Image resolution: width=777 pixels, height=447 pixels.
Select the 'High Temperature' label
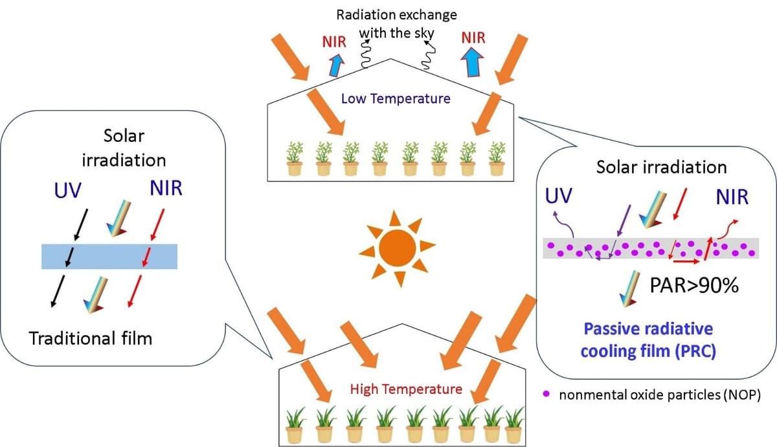pyautogui.click(x=406, y=389)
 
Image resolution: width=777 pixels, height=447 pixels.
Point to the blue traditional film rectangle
pyautogui.click(x=109, y=257)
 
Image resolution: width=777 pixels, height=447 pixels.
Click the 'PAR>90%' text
pyautogui.click(x=693, y=284)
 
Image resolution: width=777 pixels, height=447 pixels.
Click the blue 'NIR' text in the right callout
pyautogui.click(x=732, y=197)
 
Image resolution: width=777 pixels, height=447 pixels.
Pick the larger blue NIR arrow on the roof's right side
pyautogui.click(x=475, y=62)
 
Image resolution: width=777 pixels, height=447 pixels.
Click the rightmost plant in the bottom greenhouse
pyautogui.click(x=514, y=425)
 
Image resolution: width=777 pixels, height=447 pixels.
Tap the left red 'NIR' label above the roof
pyautogui.click(x=335, y=42)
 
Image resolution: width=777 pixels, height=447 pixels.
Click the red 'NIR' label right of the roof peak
pyautogui.click(x=474, y=37)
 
